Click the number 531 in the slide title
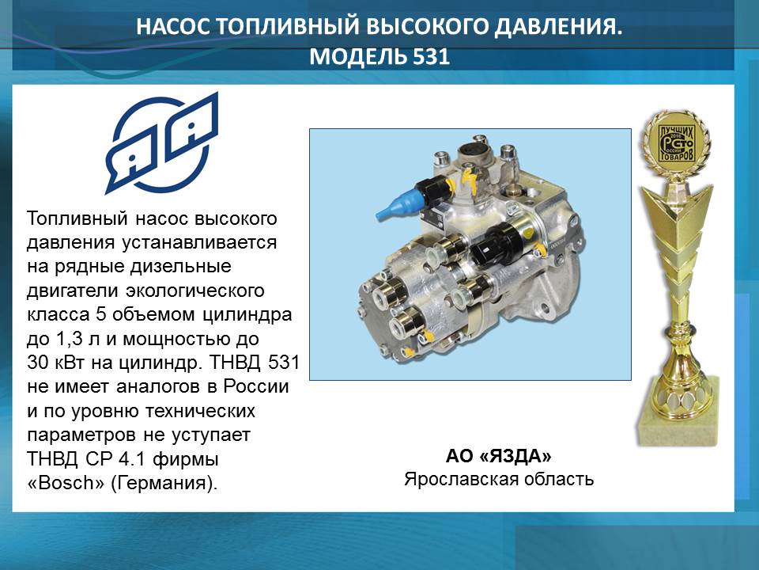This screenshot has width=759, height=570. click(x=432, y=57)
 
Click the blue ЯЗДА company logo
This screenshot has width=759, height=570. click(x=161, y=143)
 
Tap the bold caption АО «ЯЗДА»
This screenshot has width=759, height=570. click(x=499, y=456)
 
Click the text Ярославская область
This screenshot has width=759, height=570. click(x=499, y=480)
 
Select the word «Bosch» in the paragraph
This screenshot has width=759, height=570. click(x=66, y=483)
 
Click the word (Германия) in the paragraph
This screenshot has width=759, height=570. click(x=164, y=484)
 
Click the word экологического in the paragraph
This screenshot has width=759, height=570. click(x=195, y=291)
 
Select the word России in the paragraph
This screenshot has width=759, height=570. click(x=256, y=387)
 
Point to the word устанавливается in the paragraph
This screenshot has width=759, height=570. click(x=199, y=243)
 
